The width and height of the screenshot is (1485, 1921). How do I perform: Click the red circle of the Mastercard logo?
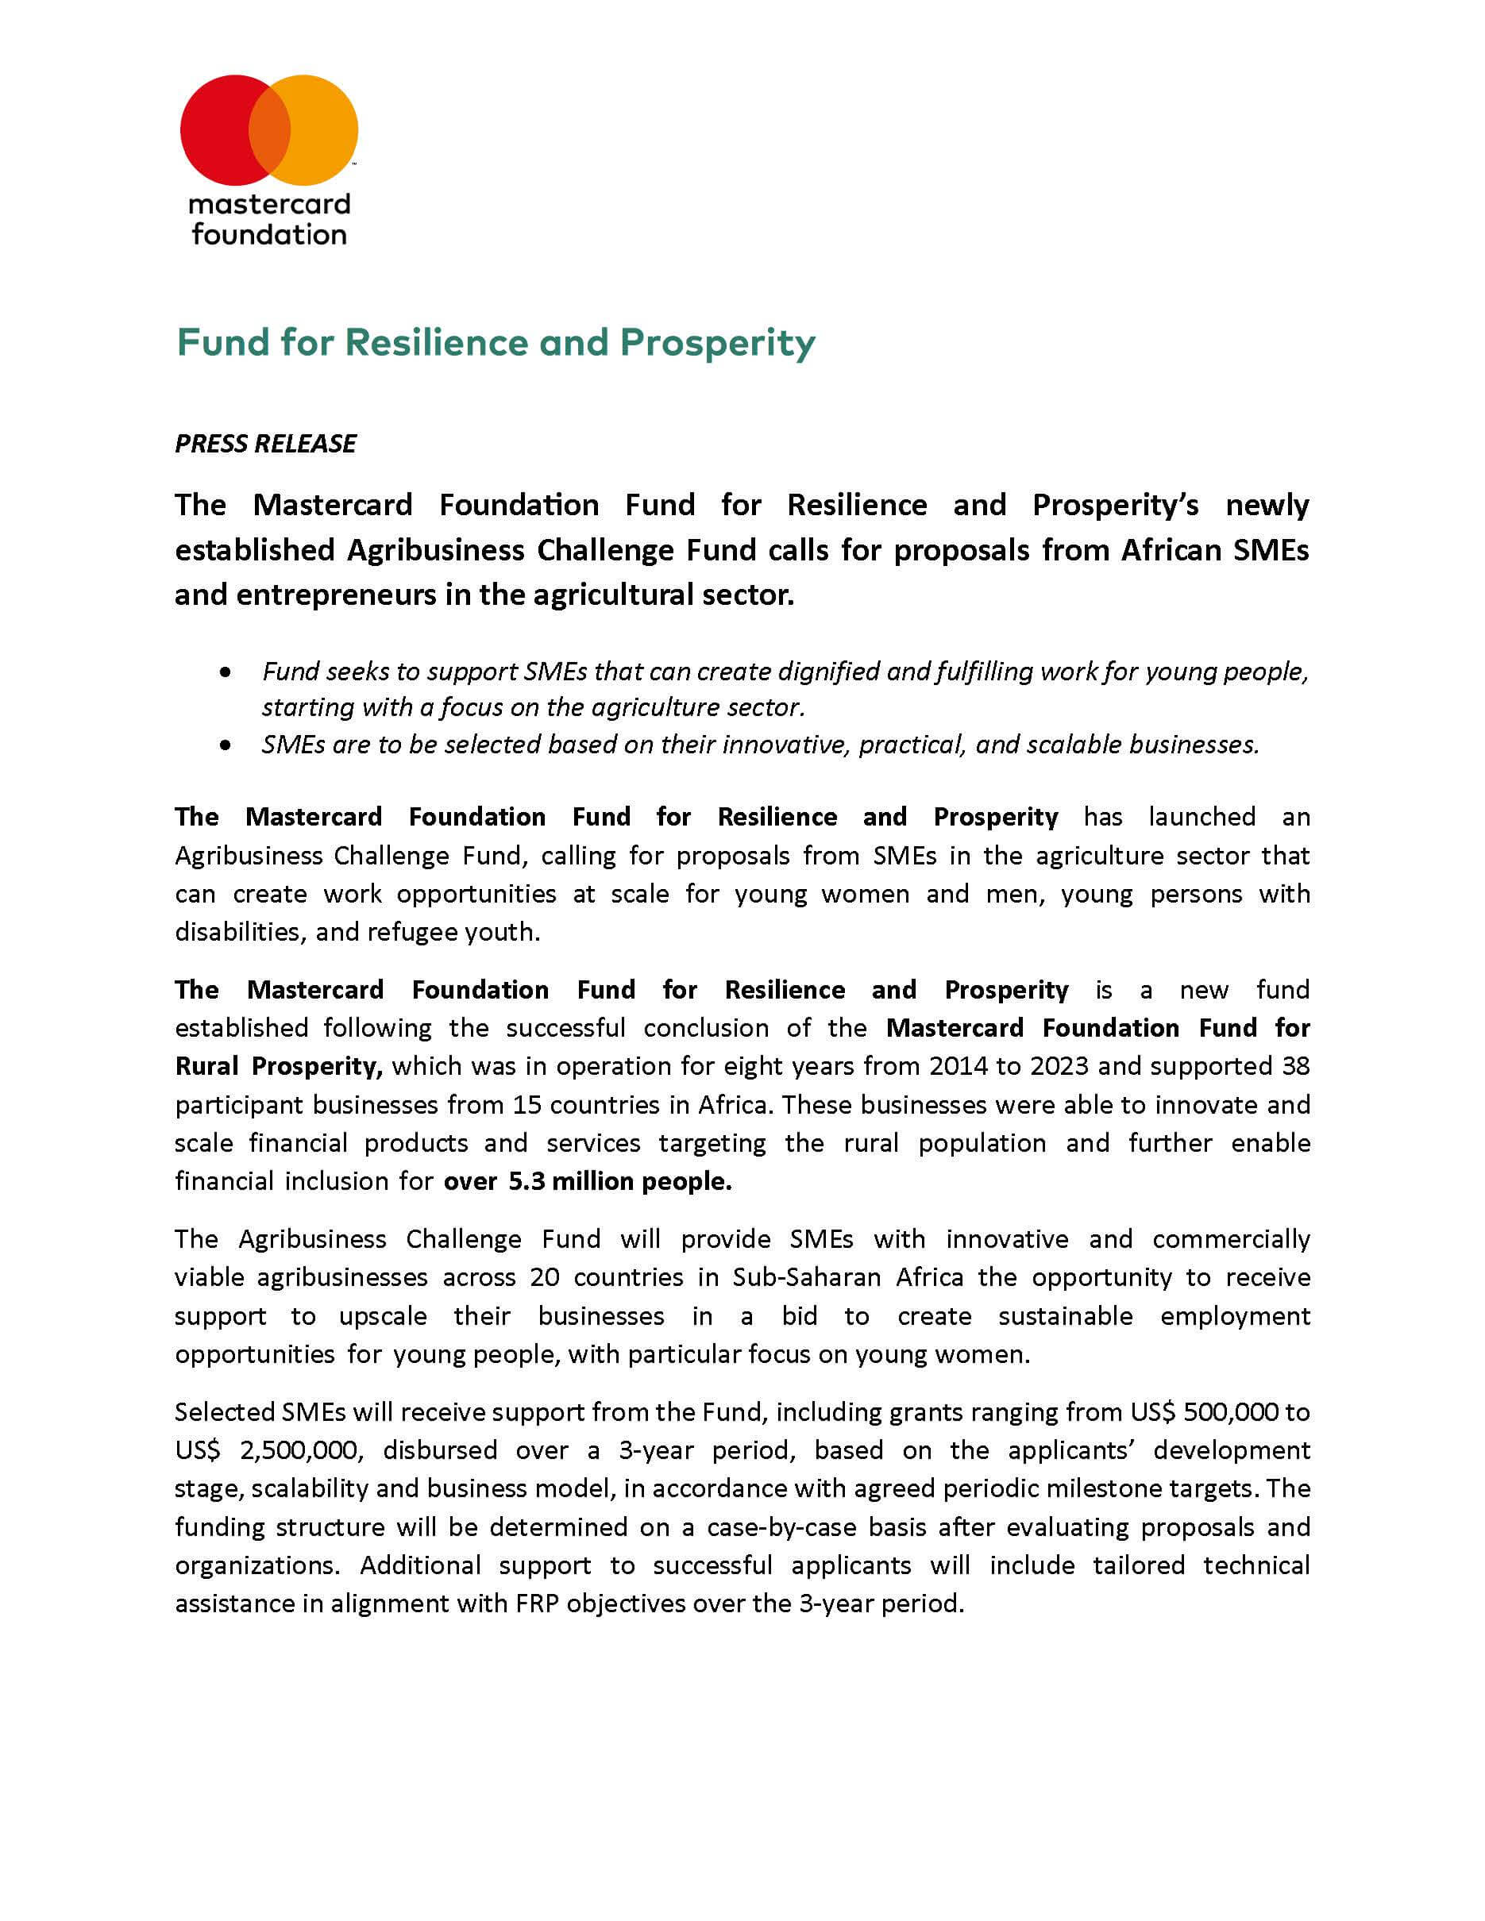(x=215, y=129)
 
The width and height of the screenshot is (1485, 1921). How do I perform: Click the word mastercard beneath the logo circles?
(x=269, y=204)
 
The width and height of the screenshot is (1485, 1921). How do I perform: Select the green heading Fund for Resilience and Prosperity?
(x=496, y=342)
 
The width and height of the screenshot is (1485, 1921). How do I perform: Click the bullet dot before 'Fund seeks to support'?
(x=226, y=672)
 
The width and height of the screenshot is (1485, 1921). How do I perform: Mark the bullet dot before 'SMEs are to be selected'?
(x=226, y=745)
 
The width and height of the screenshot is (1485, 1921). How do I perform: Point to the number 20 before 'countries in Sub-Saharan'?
(x=545, y=1277)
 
